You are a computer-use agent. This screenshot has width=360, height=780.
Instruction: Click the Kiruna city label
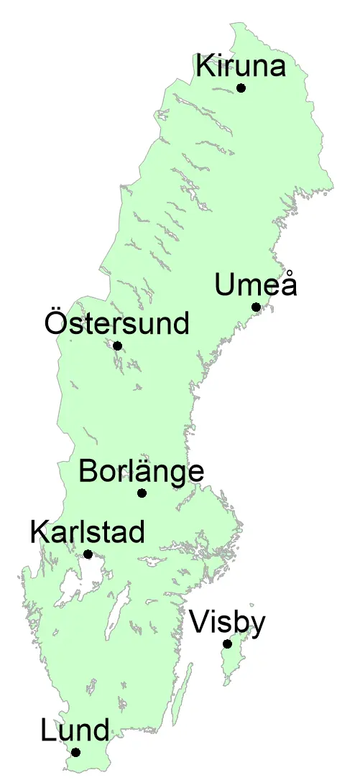(241, 67)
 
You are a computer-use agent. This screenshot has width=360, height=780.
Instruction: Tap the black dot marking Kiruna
(241, 88)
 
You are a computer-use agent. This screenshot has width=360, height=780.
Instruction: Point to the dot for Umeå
(256, 307)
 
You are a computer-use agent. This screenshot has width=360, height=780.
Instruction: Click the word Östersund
(116, 323)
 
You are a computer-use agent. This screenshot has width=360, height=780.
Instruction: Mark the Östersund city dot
(118, 346)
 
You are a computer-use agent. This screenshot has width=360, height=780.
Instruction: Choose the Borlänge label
(142, 473)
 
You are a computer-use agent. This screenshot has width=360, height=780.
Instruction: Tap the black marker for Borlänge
(142, 493)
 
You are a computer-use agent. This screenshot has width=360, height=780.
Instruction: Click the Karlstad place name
(88, 532)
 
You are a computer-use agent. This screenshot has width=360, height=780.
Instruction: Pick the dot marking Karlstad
(88, 554)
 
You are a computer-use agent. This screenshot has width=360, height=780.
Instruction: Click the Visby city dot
(227, 644)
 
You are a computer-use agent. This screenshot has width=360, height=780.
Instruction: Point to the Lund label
(75, 731)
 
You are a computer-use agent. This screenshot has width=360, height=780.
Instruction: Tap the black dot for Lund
(75, 753)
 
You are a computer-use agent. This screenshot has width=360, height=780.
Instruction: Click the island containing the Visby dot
(234, 657)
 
